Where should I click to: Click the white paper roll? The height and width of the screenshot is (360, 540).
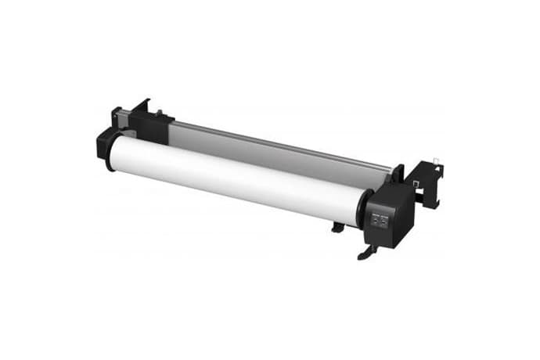click(235, 176)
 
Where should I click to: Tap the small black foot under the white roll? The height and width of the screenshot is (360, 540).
click(337, 228)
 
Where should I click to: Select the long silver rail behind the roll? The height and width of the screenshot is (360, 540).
click(282, 146)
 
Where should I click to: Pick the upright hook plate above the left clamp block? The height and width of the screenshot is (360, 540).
click(142, 106)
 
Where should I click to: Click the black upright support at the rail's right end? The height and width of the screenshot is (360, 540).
click(397, 177)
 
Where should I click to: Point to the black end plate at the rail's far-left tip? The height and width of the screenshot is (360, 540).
click(116, 117)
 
